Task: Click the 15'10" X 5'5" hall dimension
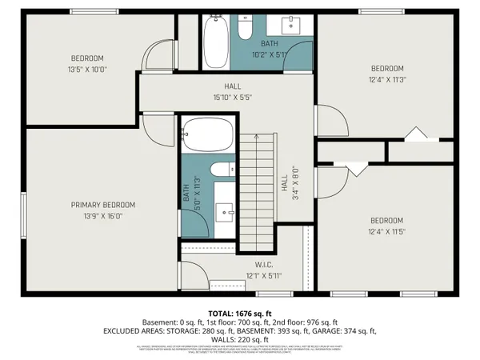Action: (232, 97)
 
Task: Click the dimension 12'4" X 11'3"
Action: (386, 79)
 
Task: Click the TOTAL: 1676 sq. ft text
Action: (240, 313)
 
